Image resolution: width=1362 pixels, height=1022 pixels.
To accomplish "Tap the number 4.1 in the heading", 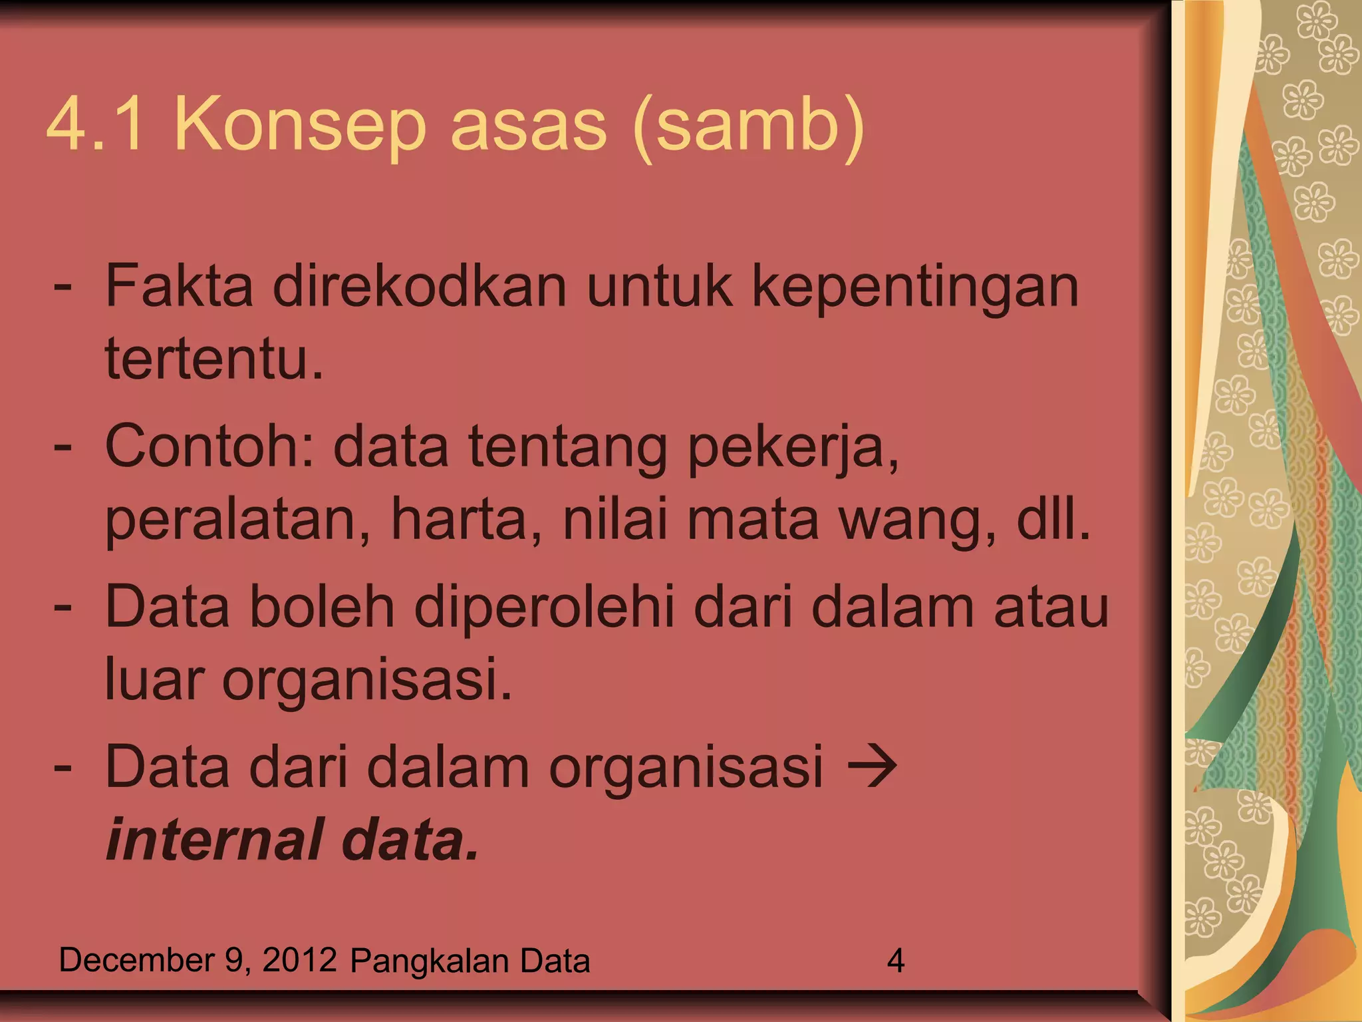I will click(95, 124).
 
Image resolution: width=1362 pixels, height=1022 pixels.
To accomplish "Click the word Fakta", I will click(179, 286).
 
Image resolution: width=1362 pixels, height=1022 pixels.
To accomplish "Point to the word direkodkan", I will click(420, 286).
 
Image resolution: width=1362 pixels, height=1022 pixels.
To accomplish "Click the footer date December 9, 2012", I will click(198, 960).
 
